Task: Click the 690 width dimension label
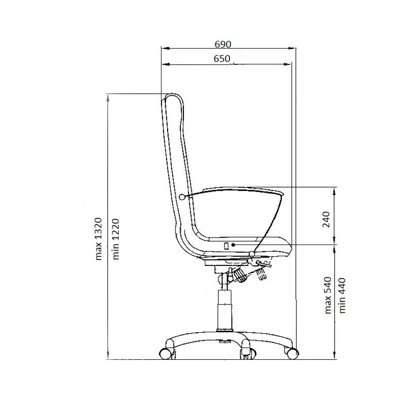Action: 223,44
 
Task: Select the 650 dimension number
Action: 222,58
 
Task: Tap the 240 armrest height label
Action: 326,219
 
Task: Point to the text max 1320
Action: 98,239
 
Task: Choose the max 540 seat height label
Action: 328,295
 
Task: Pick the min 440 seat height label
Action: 342,296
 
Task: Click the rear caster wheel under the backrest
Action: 167,354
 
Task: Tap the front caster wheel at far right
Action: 292,354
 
